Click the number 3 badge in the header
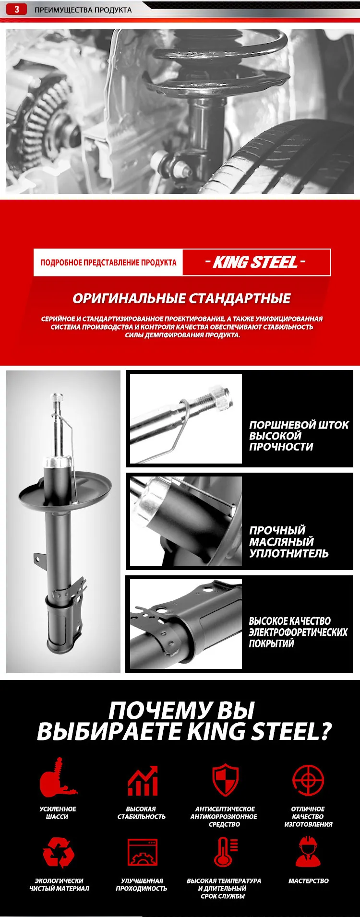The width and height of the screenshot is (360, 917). tap(16, 10)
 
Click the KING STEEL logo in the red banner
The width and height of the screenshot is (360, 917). tap(255, 262)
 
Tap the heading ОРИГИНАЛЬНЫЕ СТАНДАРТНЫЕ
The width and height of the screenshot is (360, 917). tap(181, 298)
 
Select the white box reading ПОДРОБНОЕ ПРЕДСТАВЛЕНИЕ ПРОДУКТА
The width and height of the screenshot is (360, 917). tap(108, 262)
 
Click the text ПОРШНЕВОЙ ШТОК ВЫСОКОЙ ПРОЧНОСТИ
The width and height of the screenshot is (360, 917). tap(298, 436)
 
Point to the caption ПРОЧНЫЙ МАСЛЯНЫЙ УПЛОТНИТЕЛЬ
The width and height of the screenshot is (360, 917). tap(288, 542)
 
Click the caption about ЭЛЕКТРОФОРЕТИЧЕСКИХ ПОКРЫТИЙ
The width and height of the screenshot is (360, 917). tap(298, 632)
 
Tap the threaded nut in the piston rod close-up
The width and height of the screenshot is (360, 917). tap(221, 398)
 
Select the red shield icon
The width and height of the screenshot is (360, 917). tap(225, 780)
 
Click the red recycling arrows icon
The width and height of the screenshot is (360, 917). tap(58, 852)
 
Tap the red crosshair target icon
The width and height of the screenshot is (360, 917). tap(308, 780)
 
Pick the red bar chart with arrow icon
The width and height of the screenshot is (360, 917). tap(143, 781)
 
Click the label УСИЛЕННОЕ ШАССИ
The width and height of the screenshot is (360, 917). tap(58, 812)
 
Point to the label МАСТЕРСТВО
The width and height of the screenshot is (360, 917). tap(308, 881)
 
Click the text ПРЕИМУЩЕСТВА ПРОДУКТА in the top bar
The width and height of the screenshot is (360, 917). tap(83, 10)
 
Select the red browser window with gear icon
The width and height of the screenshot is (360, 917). tap(143, 852)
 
